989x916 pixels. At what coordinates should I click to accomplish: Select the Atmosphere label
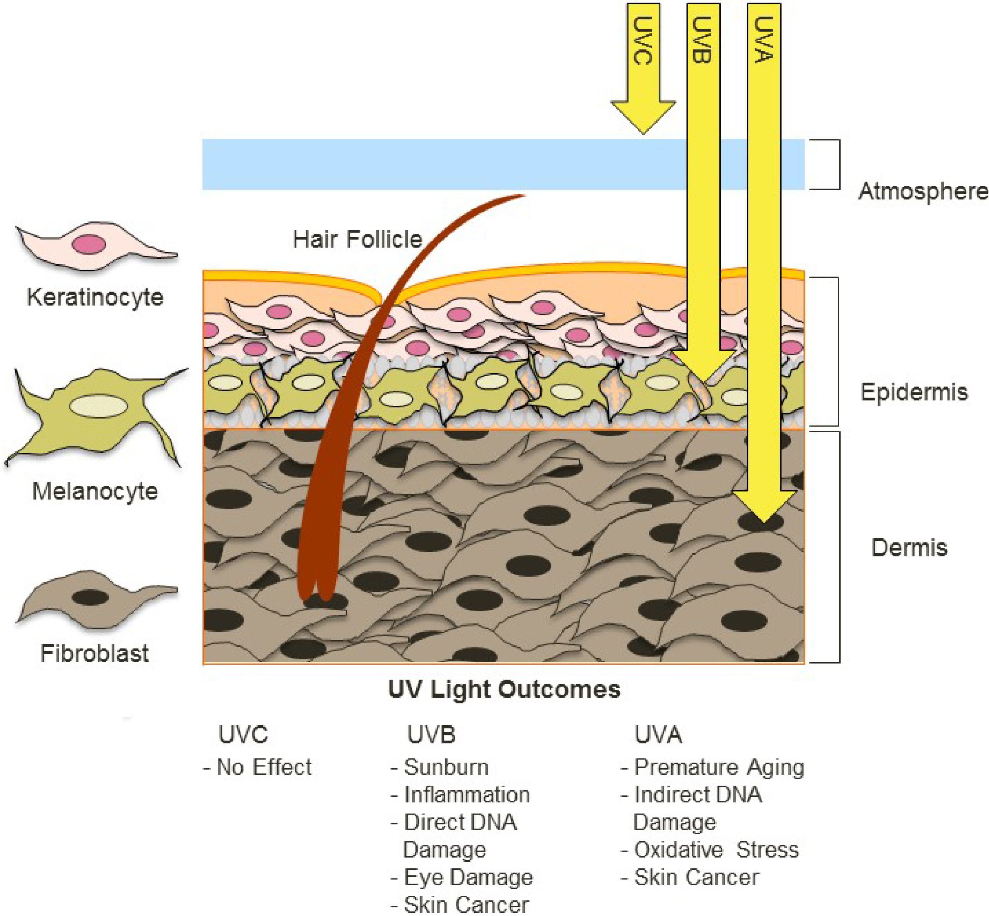[923, 191]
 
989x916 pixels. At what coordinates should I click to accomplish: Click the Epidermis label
[914, 392]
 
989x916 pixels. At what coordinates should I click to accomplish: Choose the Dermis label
[909, 548]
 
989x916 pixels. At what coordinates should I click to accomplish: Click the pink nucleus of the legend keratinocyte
[89, 245]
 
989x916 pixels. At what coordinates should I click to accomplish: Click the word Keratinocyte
[95, 297]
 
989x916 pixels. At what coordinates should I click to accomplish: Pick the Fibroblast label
[95, 653]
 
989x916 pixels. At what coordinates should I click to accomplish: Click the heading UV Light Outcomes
[504, 690]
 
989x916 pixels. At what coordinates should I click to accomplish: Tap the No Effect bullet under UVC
[258, 767]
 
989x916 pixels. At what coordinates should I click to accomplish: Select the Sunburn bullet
[440, 767]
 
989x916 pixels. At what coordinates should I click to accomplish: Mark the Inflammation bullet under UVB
[461, 795]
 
